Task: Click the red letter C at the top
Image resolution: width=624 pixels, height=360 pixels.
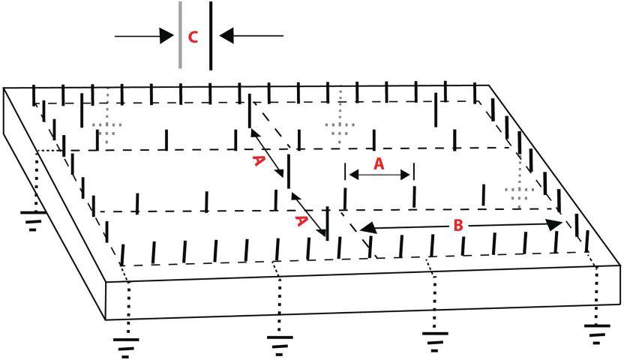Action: [193, 37]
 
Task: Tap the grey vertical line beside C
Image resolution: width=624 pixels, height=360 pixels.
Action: [180, 35]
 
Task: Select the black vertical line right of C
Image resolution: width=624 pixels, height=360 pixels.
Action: [210, 35]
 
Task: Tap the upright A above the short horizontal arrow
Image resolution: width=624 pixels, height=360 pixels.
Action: [379, 165]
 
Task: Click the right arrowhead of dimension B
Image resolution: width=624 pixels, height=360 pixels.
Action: [554, 224]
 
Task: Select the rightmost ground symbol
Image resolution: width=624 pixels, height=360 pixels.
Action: [597, 330]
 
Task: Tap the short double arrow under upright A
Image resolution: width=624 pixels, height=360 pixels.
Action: [379, 175]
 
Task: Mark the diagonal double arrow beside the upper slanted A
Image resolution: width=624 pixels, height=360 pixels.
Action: [268, 153]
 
